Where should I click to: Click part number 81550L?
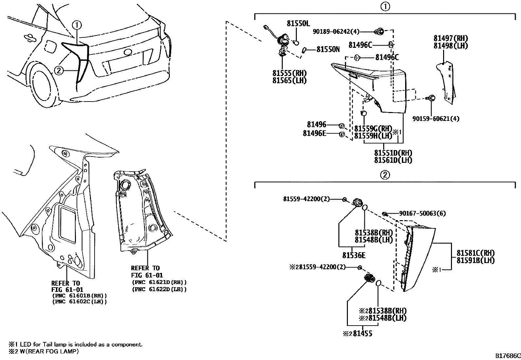click(x=298, y=23)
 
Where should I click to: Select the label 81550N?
click(x=328, y=49)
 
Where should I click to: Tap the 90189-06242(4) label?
click(x=336, y=31)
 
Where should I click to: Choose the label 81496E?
click(x=314, y=133)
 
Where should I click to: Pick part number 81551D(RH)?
click(x=393, y=153)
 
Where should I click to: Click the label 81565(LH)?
click(x=289, y=81)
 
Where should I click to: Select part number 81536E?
click(x=354, y=255)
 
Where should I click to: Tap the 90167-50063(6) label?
click(x=422, y=214)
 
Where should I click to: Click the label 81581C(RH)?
click(x=475, y=253)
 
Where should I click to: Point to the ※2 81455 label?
click(x=357, y=334)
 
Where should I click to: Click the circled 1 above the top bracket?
click(x=386, y=7)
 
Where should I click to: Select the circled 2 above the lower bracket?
click(x=385, y=175)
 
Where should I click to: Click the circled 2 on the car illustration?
click(x=58, y=70)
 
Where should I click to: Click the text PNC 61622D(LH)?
click(x=159, y=289)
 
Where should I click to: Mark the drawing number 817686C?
click(x=507, y=356)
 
